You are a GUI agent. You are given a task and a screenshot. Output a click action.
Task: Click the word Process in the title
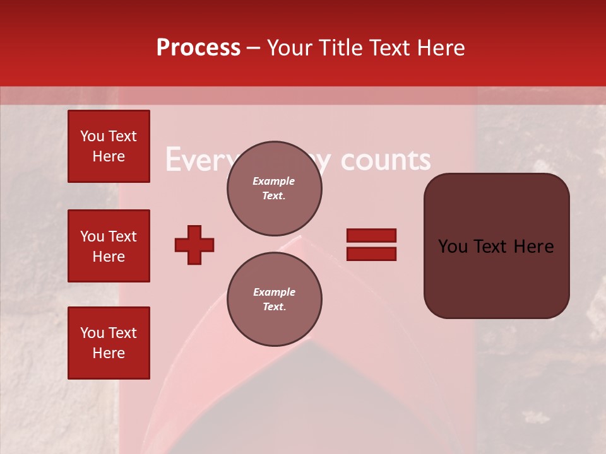coord(198,48)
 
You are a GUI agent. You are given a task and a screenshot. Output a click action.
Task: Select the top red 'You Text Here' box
coord(109,146)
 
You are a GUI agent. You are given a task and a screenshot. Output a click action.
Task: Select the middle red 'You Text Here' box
coord(109,246)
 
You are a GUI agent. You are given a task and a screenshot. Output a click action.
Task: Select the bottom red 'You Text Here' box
coord(109,343)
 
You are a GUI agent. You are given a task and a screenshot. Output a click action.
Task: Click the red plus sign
coord(194,245)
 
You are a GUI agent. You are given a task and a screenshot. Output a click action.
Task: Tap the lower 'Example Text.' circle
coord(274,299)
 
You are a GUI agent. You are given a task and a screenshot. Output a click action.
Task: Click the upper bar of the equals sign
coord(371,236)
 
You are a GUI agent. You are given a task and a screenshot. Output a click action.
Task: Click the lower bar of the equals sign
coord(371,253)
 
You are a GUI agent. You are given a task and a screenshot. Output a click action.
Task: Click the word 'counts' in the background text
coord(386,160)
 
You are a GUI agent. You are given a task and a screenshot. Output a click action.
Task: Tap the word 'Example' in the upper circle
coord(274,181)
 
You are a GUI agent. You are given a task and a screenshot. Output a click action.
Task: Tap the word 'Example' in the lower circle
coord(274,292)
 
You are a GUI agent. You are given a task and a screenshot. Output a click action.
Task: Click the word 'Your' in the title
coord(288,48)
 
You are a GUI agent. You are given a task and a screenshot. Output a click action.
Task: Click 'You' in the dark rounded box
coord(453,247)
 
